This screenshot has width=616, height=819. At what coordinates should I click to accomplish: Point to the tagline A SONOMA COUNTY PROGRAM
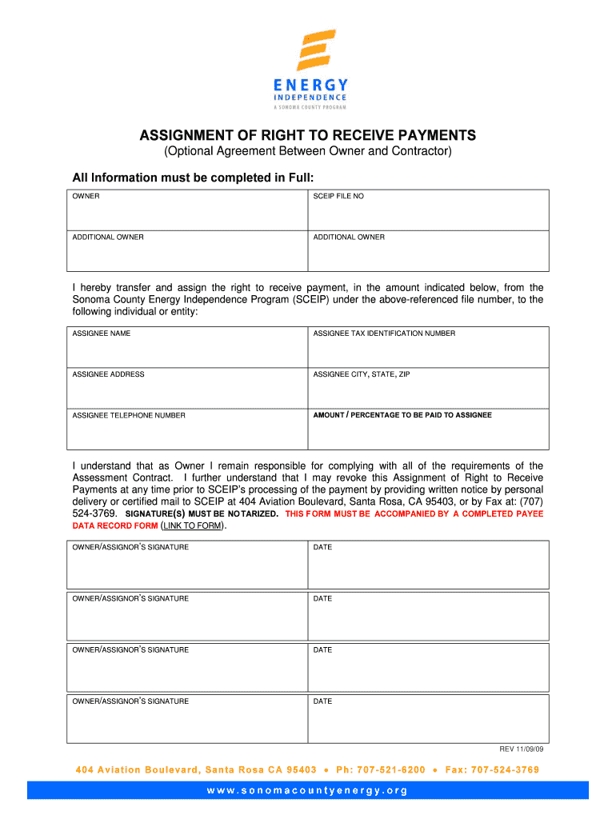pyautogui.click(x=308, y=106)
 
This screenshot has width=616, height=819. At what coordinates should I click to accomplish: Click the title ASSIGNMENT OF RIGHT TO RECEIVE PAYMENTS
pyautogui.click(x=308, y=135)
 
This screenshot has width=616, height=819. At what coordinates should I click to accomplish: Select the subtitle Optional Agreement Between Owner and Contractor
pyautogui.click(x=308, y=152)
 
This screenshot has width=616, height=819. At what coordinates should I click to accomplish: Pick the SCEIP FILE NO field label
pyautogui.click(x=338, y=196)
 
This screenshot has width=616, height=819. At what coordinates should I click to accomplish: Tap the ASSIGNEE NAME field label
pyautogui.click(x=102, y=334)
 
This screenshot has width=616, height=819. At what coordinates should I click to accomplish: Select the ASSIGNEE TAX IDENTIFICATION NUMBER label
pyautogui.click(x=384, y=334)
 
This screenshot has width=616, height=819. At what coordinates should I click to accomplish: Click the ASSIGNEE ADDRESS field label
pyautogui.click(x=108, y=374)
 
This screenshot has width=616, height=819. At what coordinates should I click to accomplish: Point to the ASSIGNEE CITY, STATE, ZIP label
pyautogui.click(x=361, y=374)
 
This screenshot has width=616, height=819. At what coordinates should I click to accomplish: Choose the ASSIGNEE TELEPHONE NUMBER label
pyautogui.click(x=129, y=416)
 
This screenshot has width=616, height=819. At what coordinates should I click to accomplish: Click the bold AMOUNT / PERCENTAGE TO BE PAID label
pyautogui.click(x=402, y=415)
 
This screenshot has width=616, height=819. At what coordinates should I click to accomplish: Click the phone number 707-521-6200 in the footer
pyautogui.click(x=392, y=770)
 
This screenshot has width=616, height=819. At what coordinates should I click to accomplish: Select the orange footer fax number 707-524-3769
pyautogui.click(x=504, y=770)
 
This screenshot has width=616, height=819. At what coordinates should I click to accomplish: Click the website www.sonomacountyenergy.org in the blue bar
pyautogui.click(x=308, y=791)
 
